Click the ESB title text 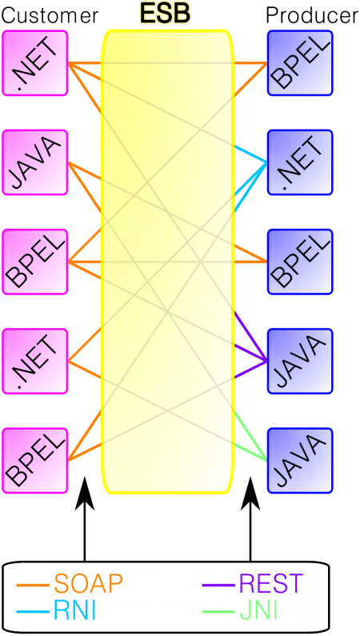click(166, 14)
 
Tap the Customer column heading click(50, 16)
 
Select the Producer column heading click(312, 16)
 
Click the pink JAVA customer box click(35, 162)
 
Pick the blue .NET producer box click(300, 162)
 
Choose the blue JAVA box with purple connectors click(300, 361)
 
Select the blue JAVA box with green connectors click(300, 460)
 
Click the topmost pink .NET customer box click(35, 63)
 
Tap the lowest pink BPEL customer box click(35, 460)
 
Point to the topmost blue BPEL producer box click(300, 63)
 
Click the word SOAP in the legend click(88, 585)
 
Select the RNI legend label click(74, 611)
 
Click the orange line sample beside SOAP click(33, 586)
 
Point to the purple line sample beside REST click(218, 586)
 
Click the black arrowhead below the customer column click(85, 494)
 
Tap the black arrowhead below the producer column click(250, 494)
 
